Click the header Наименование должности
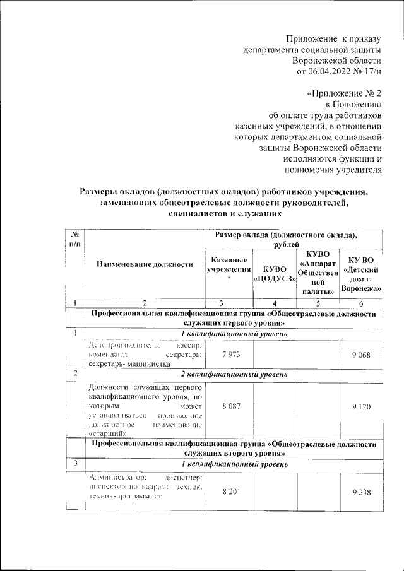(x=145, y=264)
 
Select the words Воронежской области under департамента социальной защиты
(x=337, y=60)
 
